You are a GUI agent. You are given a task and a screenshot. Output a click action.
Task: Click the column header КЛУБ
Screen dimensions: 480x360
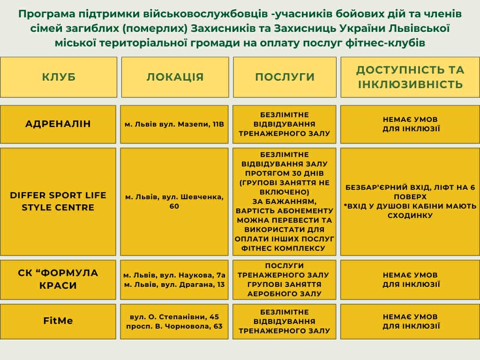point(59,77)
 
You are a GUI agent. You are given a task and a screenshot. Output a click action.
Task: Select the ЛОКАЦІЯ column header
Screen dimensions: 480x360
point(175,77)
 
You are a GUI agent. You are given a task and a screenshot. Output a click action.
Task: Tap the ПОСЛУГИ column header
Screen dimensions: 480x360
point(285,77)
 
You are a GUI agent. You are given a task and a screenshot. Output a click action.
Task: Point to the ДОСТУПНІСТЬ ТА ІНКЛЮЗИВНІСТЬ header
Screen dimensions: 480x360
point(410,77)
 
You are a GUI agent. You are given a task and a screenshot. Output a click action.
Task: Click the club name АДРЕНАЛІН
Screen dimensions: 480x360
point(58,124)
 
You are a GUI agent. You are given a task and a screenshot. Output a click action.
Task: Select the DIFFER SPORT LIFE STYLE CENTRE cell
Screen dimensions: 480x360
point(58,202)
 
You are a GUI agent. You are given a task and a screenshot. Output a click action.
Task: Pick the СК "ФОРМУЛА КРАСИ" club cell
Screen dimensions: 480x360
point(58,279)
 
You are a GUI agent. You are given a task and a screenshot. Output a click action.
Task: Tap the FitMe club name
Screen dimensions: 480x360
point(58,321)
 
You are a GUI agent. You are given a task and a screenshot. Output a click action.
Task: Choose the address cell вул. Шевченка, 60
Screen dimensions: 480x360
point(174,202)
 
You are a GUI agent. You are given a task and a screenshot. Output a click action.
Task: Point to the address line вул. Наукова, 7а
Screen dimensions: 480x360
point(174,275)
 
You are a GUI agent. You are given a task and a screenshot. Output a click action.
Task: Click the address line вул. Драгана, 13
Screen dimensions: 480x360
point(174,285)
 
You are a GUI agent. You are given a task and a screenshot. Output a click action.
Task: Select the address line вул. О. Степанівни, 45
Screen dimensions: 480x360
point(174,317)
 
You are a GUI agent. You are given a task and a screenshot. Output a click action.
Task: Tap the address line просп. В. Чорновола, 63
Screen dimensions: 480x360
point(174,326)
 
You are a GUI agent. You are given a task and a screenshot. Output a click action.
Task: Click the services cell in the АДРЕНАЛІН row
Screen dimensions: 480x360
point(285,124)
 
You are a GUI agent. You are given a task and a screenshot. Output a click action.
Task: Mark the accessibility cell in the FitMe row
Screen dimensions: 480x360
point(410,322)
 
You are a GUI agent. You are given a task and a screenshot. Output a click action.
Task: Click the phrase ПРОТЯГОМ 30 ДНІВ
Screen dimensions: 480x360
point(285,173)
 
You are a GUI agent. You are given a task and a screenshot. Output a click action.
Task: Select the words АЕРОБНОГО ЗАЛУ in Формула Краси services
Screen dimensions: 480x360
point(285,294)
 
